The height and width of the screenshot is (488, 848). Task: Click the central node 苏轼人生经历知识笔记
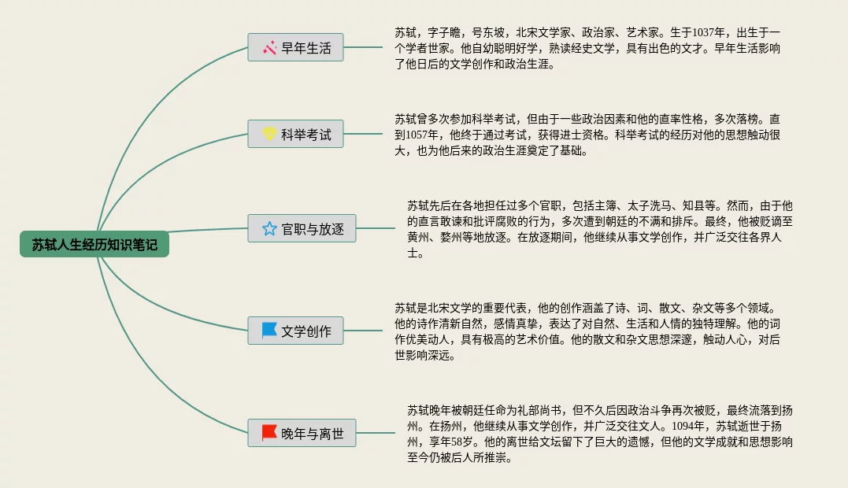pos(94,245)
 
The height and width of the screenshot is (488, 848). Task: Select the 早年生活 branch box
pos(295,48)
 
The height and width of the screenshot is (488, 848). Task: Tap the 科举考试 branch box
pos(295,135)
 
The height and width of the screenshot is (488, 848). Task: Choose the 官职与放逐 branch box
pos(302,229)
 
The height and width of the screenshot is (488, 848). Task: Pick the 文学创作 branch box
pos(295,331)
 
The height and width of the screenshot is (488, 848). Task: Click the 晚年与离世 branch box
pos(302,433)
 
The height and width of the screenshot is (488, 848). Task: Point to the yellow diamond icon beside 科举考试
pos(269,135)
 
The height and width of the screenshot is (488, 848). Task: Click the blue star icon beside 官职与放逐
pos(269,229)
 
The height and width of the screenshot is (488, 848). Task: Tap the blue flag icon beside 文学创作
pos(269,331)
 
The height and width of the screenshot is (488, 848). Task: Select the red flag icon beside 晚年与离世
pos(269,433)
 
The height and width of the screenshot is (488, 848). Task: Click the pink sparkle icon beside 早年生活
pos(269,48)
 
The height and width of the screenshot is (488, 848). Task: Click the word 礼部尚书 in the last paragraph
pos(547,410)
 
